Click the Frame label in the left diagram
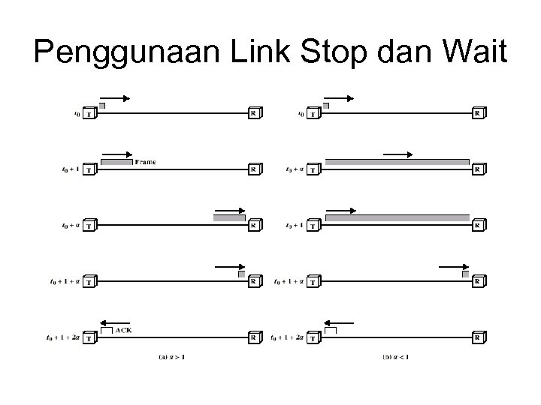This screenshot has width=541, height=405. [x=146, y=161]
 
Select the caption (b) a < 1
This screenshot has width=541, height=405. [x=396, y=356]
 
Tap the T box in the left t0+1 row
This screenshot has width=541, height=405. [x=89, y=169]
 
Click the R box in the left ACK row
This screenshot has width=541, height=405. [x=254, y=337]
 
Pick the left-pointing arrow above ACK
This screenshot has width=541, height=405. [x=113, y=322]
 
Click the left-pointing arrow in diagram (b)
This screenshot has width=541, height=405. [x=338, y=322]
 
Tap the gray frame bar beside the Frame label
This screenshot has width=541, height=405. [x=116, y=162]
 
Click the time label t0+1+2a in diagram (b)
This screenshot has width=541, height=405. [x=289, y=337]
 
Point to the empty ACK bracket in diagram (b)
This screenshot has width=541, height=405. [x=331, y=330]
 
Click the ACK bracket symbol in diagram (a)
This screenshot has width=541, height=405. [x=106, y=330]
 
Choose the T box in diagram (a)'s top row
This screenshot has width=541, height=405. [x=89, y=114]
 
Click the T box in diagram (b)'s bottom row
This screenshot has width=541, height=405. [x=313, y=337]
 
